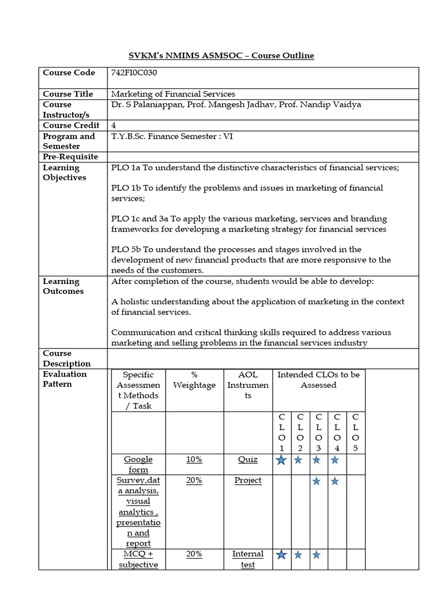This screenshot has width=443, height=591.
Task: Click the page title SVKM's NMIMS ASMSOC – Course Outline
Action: point(221,55)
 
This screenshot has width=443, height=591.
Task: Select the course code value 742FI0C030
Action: point(134,73)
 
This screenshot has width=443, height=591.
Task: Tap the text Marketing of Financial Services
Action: point(173,93)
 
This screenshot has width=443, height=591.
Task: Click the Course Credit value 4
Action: point(114,125)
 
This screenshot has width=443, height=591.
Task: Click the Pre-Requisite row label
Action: point(70,157)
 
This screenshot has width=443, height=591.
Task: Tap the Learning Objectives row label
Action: point(64,173)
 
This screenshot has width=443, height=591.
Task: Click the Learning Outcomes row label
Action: point(63,286)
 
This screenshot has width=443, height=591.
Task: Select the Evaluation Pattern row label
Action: point(65,379)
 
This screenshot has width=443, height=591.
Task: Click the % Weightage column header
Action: point(194,380)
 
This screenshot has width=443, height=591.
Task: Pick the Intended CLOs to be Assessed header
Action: point(318,380)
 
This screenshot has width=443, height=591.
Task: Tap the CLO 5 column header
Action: point(355,432)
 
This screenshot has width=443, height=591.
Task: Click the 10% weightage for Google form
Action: point(194,459)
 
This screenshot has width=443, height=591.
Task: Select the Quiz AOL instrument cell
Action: point(247,459)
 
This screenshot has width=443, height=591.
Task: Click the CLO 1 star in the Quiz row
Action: point(281,460)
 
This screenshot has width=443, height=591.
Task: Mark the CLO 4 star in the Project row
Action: point(335,481)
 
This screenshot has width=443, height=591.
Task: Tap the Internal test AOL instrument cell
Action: point(247,559)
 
